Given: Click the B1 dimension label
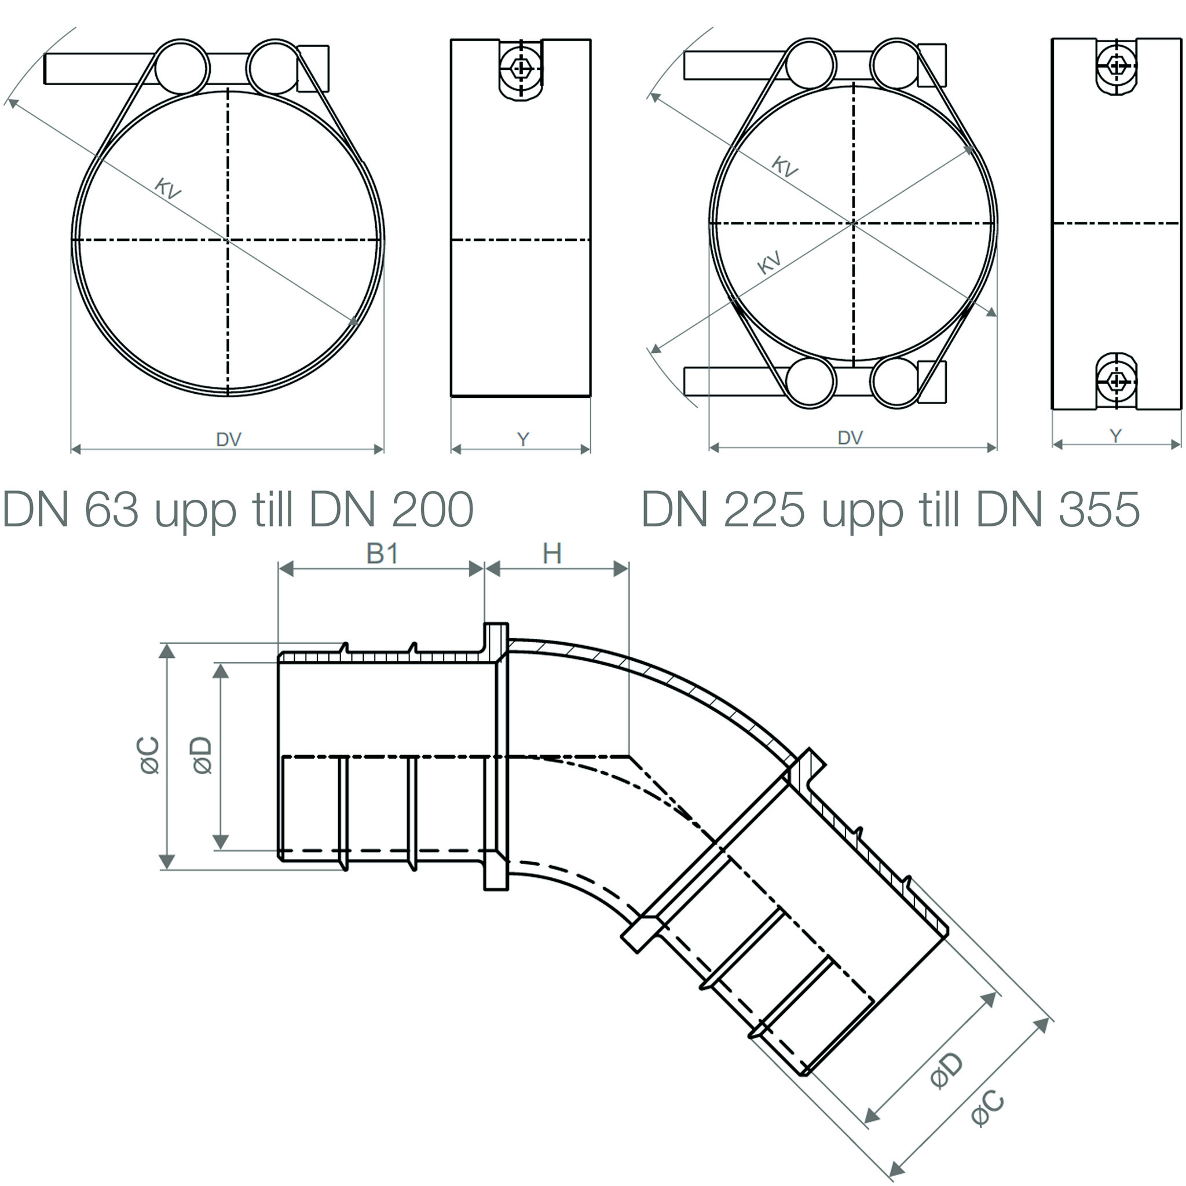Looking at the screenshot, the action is (382, 554).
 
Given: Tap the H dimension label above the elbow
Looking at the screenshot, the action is (552, 554).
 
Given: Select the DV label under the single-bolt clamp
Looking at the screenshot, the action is (228, 440).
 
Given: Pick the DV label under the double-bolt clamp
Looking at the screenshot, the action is (850, 438).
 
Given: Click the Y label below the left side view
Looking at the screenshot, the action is (522, 440).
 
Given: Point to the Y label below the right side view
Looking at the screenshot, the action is (1115, 436).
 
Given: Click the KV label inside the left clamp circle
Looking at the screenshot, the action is (167, 188).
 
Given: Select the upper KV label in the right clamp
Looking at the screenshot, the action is (784, 166).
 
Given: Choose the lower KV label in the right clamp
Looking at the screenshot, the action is (769, 262).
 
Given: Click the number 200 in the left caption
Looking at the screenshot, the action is (433, 510).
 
